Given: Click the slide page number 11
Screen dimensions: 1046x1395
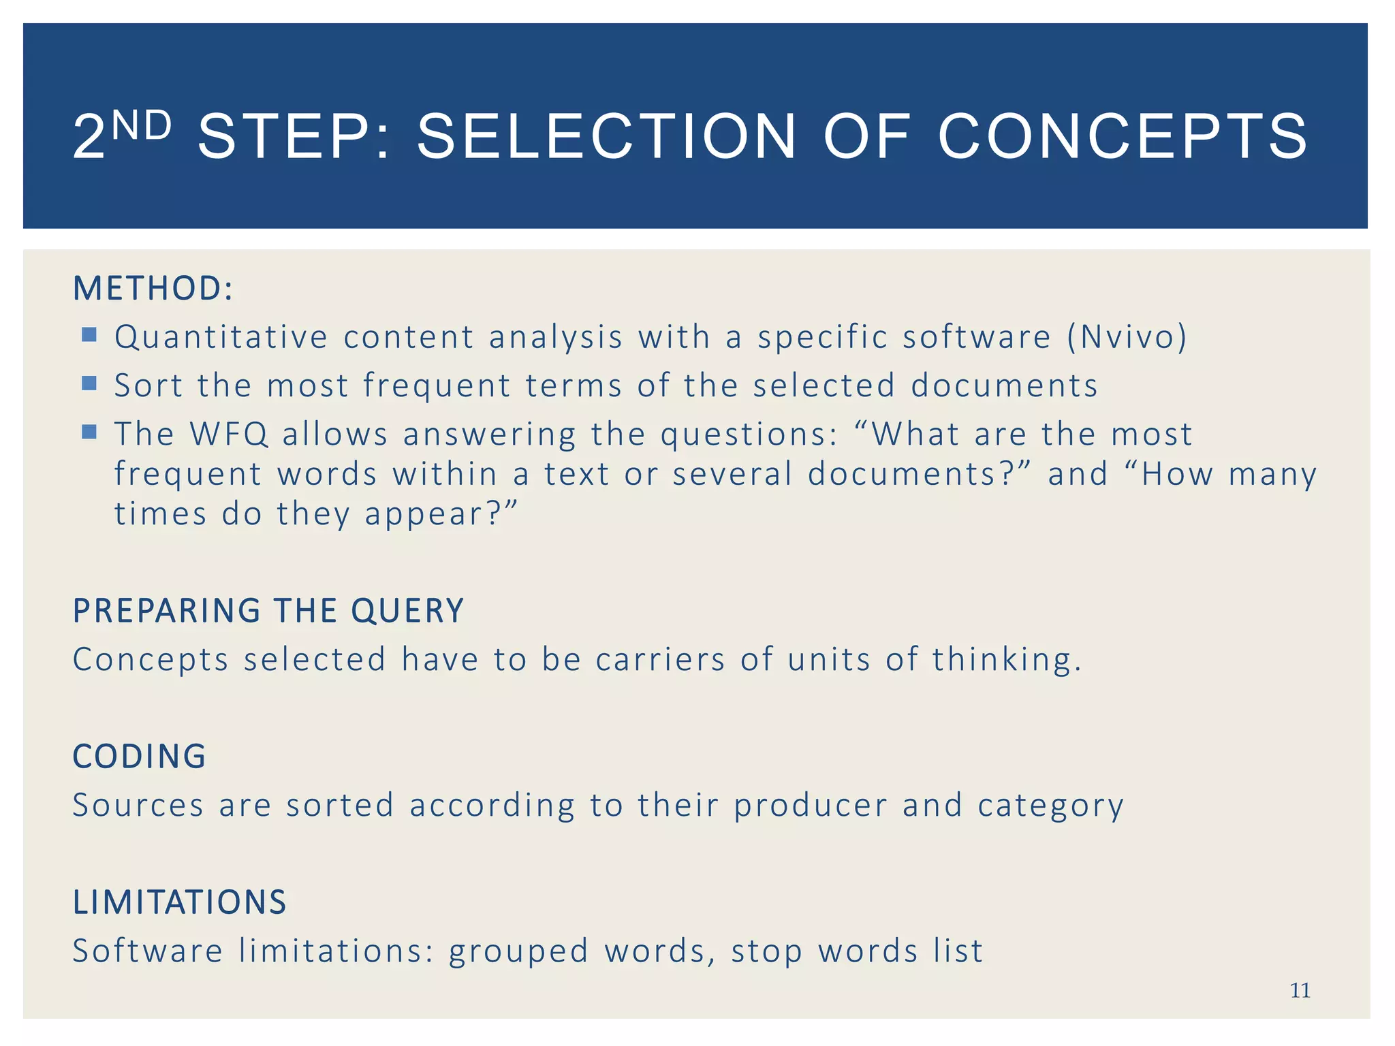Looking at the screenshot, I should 1300,990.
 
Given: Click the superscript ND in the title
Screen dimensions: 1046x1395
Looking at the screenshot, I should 141,126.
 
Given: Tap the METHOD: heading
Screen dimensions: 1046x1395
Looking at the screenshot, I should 153,288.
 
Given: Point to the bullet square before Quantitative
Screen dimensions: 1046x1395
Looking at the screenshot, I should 89,334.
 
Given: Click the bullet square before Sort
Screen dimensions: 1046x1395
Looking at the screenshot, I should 89,383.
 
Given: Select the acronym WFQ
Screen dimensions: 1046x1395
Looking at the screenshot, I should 229,434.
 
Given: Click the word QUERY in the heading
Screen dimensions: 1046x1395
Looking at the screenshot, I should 407,611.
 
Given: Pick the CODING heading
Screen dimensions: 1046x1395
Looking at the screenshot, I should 139,757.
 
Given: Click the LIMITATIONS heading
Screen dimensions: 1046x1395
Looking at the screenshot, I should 180,902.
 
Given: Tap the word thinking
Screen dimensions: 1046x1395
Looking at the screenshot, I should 1006,660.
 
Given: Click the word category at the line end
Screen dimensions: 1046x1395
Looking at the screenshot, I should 1050,806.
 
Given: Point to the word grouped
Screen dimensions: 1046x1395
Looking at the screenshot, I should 518,952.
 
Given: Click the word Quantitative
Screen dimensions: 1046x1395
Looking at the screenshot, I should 221,337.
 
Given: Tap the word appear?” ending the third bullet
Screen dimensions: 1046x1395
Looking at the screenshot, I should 441,514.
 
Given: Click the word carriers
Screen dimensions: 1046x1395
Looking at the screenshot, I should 660,660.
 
